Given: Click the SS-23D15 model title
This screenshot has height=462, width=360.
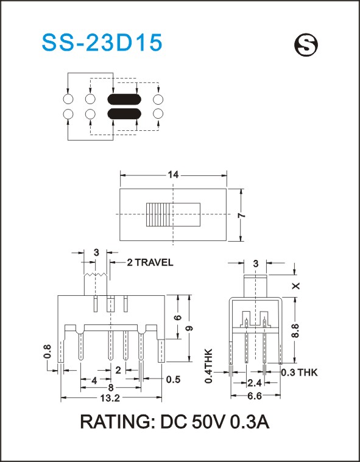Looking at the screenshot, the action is (102, 43).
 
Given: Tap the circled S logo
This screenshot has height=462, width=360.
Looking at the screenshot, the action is (306, 46).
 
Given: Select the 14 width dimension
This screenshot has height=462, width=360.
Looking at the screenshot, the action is (174, 175).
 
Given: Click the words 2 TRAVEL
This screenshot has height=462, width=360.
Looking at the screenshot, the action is (150, 262).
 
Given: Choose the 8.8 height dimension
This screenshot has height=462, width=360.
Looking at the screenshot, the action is (296, 331).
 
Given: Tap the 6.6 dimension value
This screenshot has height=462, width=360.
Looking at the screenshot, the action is (255, 396).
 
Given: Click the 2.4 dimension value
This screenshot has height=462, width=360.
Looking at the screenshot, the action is (255, 383).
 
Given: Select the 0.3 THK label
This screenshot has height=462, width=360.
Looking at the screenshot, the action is (299, 373).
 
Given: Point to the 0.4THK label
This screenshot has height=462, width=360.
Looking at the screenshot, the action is (209, 366).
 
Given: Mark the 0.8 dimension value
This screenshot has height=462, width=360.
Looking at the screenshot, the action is (48, 351).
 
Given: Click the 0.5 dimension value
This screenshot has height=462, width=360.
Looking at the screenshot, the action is (173, 379).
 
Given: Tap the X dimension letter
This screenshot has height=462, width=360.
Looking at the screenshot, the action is (296, 286).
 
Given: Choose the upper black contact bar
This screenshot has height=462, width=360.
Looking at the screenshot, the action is (124, 100).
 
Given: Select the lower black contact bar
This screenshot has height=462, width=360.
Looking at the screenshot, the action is (124, 114).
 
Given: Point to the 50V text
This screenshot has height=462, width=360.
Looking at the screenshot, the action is (208, 422).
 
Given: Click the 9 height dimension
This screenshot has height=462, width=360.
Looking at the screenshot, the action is (189, 328).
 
